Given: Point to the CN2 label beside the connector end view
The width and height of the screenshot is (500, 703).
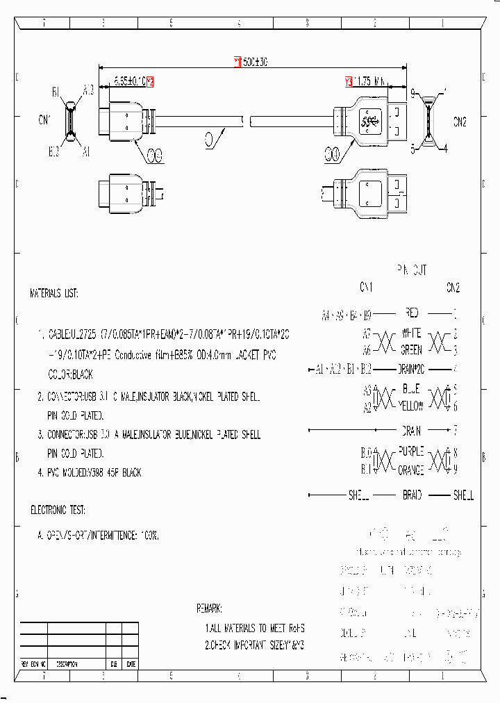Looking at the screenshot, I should [x=460, y=122].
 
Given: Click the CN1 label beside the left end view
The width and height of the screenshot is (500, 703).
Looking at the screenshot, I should [x=44, y=119].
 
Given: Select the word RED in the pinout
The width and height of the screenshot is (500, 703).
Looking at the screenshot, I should [x=410, y=313].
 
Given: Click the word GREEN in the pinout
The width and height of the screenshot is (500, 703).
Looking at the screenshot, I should [x=411, y=349].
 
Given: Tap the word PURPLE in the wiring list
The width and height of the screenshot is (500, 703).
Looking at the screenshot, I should [x=410, y=451].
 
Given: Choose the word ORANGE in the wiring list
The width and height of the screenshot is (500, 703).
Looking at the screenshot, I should [x=410, y=470].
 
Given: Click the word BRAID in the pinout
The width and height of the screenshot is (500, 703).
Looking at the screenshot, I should [x=412, y=495].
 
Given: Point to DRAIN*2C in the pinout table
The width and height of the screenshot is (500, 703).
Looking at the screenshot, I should [x=411, y=368].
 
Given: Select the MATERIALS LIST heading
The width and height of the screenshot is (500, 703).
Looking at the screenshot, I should [x=54, y=293].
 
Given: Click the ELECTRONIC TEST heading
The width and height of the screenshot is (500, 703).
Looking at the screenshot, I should [x=58, y=510].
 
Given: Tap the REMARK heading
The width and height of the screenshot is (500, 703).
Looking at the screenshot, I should [x=209, y=609].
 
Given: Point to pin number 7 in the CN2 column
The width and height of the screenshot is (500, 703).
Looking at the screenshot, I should [x=455, y=431].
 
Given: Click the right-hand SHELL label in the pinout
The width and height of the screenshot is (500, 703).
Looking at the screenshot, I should [x=463, y=495].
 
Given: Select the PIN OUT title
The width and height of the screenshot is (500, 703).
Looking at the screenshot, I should [x=411, y=269].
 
